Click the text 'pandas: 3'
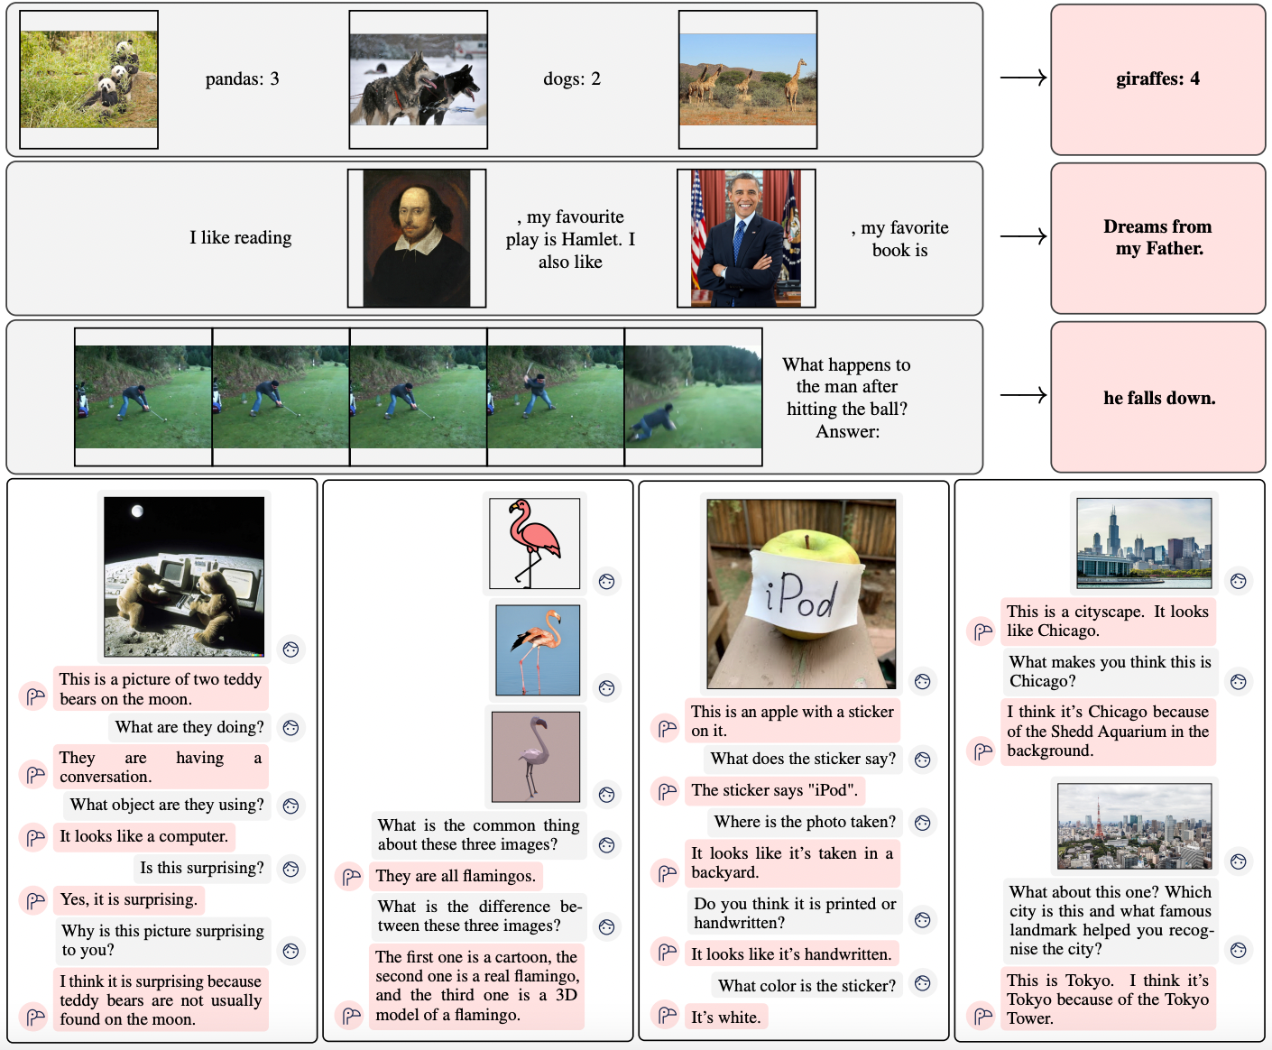click(242, 79)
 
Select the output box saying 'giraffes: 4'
click(1158, 79)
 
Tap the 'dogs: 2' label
click(572, 79)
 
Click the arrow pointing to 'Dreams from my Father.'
click(1023, 235)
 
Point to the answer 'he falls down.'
click(1159, 398)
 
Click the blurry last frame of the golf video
click(693, 397)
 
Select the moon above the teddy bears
click(138, 511)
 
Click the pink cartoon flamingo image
click(534, 543)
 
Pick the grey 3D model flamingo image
click(536, 757)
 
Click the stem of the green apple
click(807, 541)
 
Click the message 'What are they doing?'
click(189, 727)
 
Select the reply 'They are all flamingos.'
click(456, 876)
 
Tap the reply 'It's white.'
click(725, 1018)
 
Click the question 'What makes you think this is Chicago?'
click(1110, 671)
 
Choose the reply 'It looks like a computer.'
click(143, 836)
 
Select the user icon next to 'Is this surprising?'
click(290, 869)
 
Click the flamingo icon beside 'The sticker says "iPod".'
click(667, 791)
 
